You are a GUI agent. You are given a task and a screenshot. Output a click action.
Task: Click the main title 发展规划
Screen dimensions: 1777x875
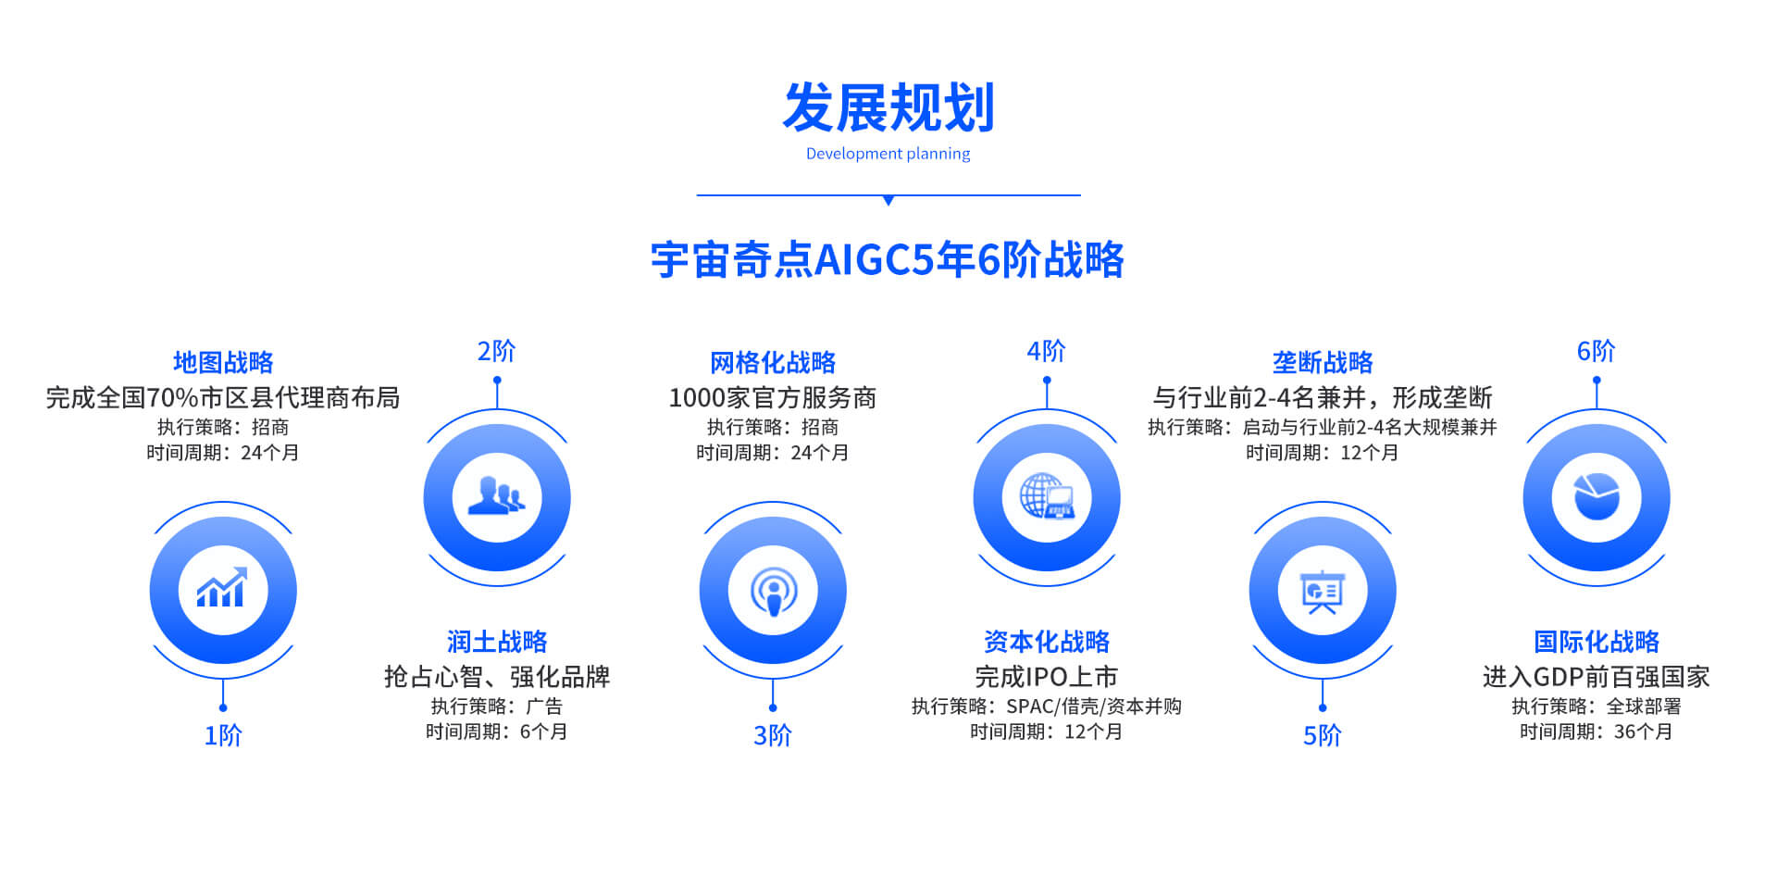click(x=888, y=107)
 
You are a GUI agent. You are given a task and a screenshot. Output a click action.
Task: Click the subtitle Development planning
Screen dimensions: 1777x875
click(x=888, y=154)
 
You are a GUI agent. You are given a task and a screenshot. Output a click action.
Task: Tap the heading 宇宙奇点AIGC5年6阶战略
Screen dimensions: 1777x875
click(x=888, y=259)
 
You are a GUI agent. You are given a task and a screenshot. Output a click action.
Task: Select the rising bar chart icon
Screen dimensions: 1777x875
click(x=222, y=587)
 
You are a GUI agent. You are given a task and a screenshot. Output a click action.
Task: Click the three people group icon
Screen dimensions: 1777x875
click(x=497, y=495)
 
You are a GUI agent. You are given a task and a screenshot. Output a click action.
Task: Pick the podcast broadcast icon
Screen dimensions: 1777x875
click(x=773, y=591)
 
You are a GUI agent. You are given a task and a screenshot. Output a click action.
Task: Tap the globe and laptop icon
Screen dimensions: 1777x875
click(x=1047, y=496)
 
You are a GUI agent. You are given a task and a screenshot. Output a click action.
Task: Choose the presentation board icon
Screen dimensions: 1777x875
click(x=1323, y=592)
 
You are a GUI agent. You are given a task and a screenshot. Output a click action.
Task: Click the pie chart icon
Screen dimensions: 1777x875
click(x=1597, y=496)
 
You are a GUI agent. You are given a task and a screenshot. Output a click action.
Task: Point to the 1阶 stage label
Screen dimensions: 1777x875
click(x=223, y=735)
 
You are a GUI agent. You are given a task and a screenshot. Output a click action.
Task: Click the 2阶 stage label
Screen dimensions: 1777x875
click(x=497, y=351)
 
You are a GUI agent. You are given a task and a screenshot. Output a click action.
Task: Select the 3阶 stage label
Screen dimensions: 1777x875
click(x=773, y=735)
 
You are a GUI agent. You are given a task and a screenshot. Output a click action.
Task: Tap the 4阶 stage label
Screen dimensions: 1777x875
click(x=1047, y=351)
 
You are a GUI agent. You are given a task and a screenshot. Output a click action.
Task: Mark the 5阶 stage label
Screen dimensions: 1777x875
click(x=1323, y=735)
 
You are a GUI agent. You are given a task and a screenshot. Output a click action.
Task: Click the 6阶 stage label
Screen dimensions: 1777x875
click(x=1597, y=351)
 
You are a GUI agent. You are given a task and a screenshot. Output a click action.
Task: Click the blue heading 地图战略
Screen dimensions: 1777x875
click(x=223, y=362)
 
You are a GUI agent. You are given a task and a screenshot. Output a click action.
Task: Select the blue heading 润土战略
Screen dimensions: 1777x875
click(x=497, y=641)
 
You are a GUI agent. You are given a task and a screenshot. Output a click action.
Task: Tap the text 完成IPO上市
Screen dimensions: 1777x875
click(x=1047, y=677)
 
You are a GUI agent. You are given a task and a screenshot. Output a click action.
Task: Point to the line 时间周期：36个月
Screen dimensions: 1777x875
click(x=1597, y=731)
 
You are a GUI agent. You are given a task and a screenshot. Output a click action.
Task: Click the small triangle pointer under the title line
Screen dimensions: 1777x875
click(x=888, y=200)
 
